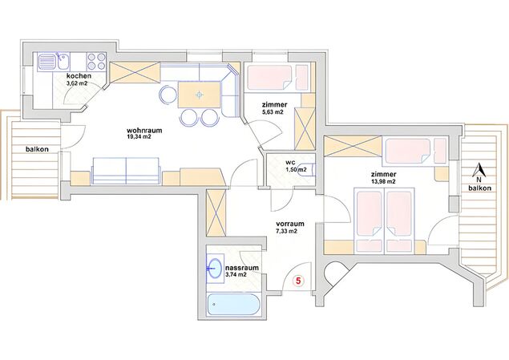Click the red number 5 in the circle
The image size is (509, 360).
coord(299,281)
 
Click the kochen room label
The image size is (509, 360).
coord(79,76)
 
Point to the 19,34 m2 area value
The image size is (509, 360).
coord(139,137)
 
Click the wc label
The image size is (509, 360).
coord(290,162)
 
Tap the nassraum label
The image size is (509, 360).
coord(242,268)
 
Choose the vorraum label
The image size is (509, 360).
coord(290,224)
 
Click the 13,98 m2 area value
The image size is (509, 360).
coord(383,181)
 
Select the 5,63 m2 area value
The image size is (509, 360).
coord(273,112)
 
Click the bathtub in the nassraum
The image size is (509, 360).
coord(233,305)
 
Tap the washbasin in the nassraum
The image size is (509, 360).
coord(215,269)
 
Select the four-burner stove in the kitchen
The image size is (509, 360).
coord(96,62)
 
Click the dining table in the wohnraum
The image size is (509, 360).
coord(199,95)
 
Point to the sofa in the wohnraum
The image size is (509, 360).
coord(126,171)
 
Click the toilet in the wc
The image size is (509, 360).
coord(308,169)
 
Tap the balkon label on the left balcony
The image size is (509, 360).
coord(37,149)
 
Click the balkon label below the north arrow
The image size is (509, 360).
coord(480,188)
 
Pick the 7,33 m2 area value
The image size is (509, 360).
coord(285,232)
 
